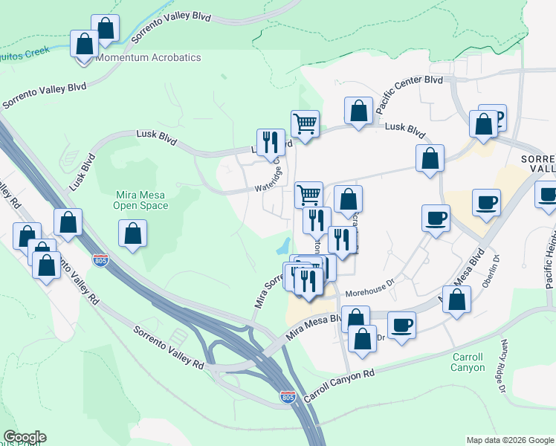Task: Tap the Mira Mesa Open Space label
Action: pos(141,200)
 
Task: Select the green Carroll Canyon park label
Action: pos(468,362)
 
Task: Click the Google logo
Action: pos(25,437)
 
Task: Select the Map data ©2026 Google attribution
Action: pos(509,440)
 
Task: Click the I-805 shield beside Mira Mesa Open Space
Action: pos(100,260)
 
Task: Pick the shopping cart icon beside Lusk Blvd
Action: pos(305,123)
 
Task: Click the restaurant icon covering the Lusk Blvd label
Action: pos(271,140)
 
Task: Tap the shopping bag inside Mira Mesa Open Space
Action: pos(132,233)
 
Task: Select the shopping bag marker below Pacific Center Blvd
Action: pos(359,111)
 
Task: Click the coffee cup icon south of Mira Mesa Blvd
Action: pos(401,324)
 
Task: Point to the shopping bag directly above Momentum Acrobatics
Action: pos(106,28)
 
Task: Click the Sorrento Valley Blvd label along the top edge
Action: pos(170,28)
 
